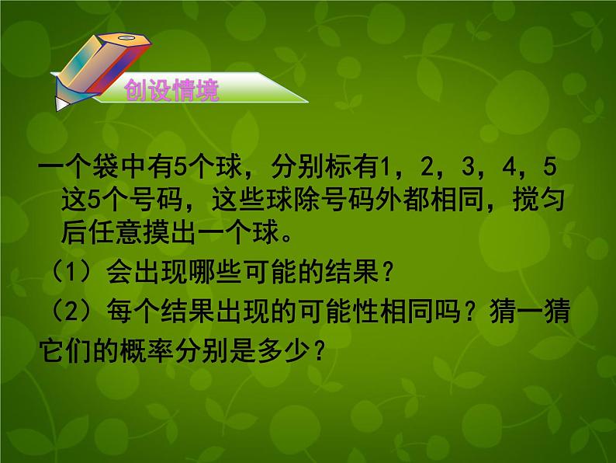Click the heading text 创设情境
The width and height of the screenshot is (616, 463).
pos(171,92)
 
